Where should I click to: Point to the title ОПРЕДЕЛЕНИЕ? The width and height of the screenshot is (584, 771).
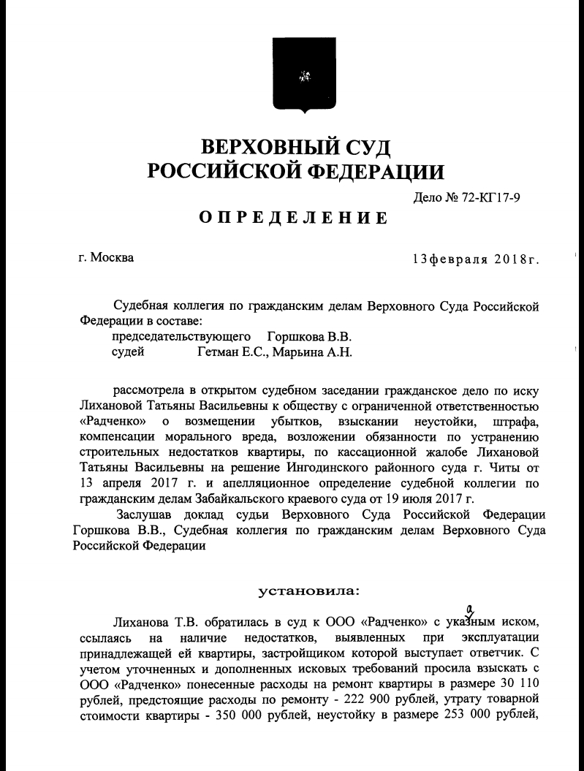click(x=292, y=219)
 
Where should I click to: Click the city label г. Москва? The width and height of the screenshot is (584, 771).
click(x=106, y=257)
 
